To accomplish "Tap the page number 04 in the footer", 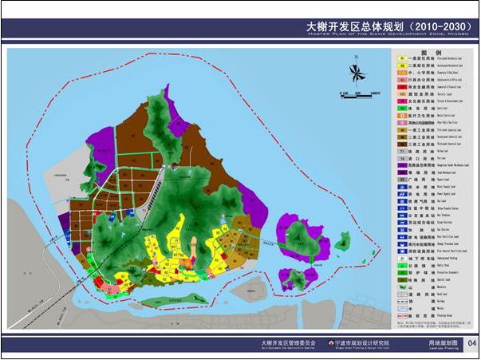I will click(x=471, y=343).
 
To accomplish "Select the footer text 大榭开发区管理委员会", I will click(x=288, y=342).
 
